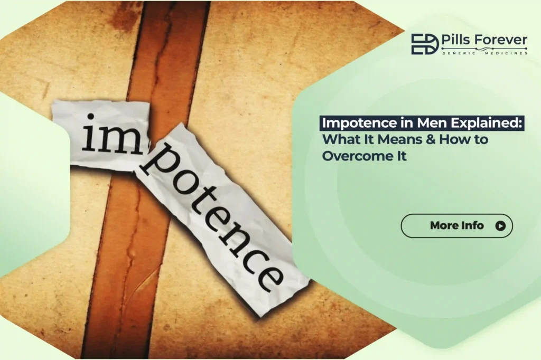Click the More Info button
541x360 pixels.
[x=456, y=226]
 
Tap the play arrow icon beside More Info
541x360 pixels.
[x=500, y=226]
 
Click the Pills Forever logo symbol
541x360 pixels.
[x=424, y=44]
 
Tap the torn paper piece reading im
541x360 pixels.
[x=100, y=135]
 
